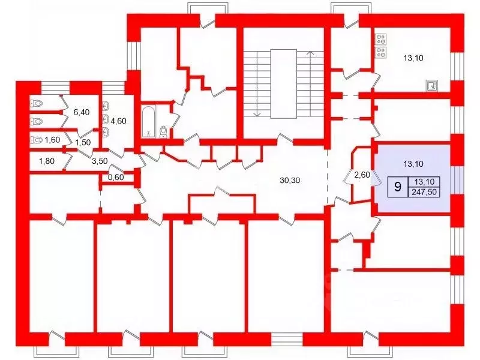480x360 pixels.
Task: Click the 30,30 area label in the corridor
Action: [x=290, y=181]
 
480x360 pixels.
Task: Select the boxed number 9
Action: [x=398, y=187]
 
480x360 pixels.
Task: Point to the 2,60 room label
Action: [x=362, y=175]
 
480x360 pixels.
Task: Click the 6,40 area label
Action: [x=82, y=112]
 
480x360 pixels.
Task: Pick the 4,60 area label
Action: [x=118, y=121]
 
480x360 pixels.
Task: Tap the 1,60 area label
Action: [x=52, y=140]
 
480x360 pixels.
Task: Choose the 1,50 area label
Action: [x=83, y=143]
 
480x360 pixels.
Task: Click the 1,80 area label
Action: [x=47, y=161]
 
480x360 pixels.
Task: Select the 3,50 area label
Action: [x=100, y=161]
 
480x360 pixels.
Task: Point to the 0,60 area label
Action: [x=116, y=177]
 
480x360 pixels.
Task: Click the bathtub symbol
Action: [x=149, y=122]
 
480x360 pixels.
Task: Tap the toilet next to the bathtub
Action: [x=164, y=131]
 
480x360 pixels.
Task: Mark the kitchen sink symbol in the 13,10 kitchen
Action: [x=432, y=85]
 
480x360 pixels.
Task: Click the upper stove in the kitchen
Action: [x=381, y=39]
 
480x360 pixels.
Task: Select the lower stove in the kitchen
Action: [x=381, y=52]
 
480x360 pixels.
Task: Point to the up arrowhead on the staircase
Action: [x=311, y=53]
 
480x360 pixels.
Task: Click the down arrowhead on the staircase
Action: [x=257, y=115]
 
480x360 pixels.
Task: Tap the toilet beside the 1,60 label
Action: [x=36, y=140]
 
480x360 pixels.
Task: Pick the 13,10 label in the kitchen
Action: [x=413, y=58]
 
